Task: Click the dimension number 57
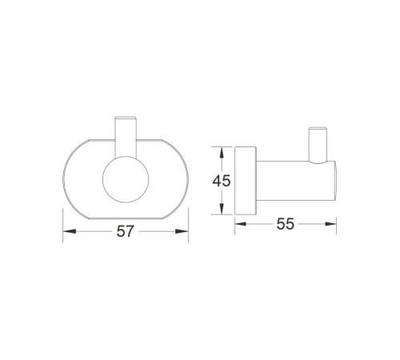coord(125,231)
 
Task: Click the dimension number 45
coord(222,181)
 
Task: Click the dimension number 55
coord(286,224)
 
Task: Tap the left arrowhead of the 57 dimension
coord(70,231)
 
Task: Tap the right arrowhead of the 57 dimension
coord(182,231)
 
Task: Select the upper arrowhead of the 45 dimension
coord(222,154)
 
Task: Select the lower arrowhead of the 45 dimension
coord(222,208)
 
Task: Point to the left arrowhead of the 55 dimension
coord(241,224)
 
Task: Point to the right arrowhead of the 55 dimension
coord(330,224)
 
